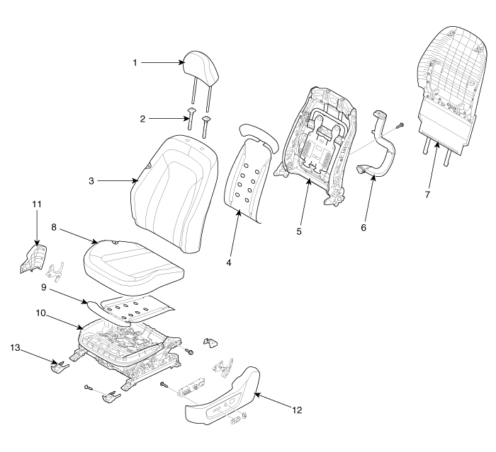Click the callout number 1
tap(135, 63)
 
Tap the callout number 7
tap(427, 194)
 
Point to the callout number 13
tap(15, 347)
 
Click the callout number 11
tap(38, 204)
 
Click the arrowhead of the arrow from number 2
tap(186, 119)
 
